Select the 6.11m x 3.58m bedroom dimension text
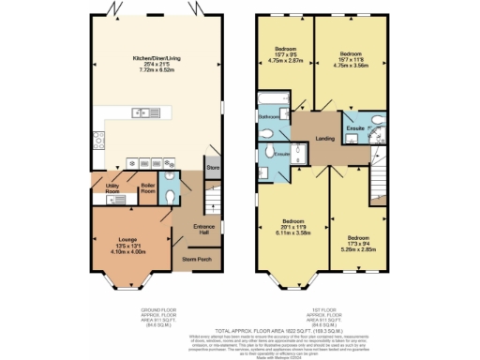(292, 231)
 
